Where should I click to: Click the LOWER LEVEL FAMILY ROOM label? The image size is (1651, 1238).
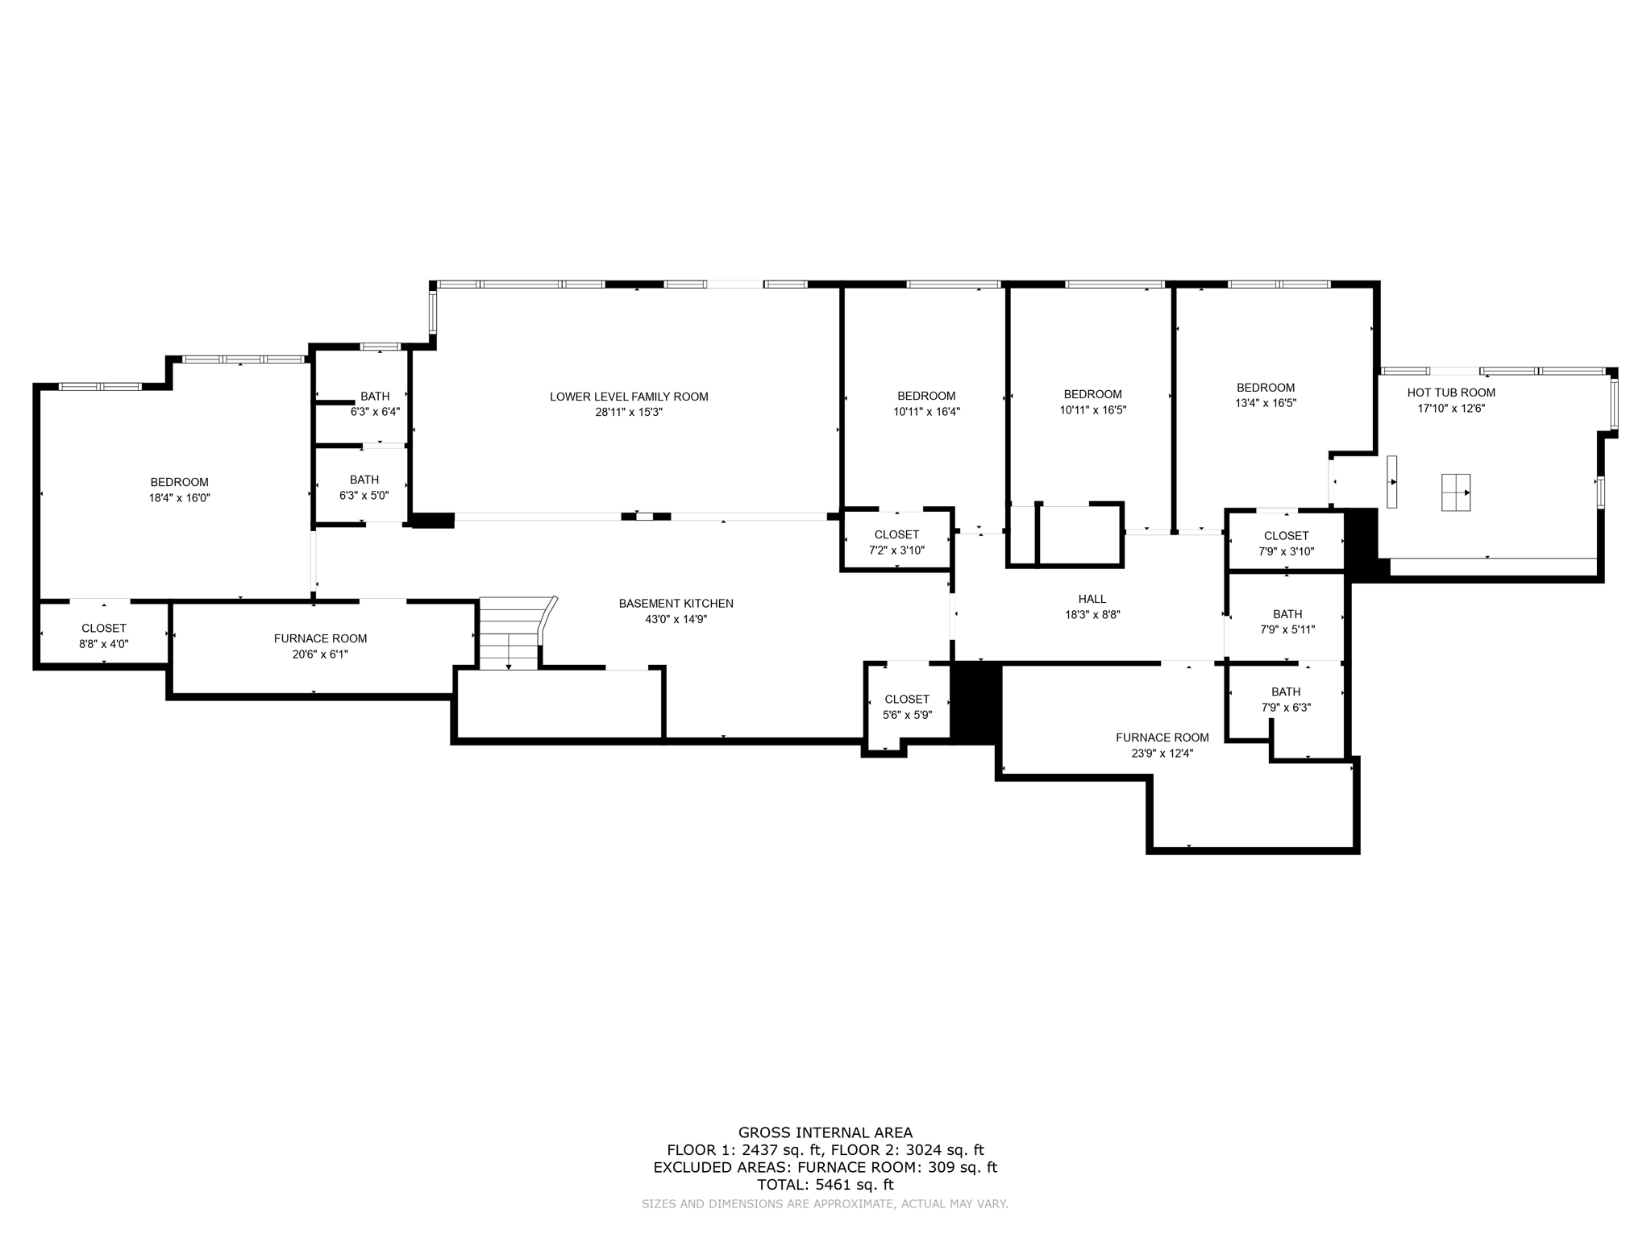coord(629,397)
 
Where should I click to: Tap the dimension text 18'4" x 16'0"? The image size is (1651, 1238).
coord(179,498)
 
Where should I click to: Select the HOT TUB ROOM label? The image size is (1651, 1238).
coord(1451,393)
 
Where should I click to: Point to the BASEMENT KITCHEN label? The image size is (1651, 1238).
coord(676,604)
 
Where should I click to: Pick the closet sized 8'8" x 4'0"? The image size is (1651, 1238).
coord(104,636)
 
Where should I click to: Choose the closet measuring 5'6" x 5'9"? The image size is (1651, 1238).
coord(907,707)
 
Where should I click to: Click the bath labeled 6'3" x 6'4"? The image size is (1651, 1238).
coord(375,404)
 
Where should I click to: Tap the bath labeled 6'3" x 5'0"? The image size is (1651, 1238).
coord(364,488)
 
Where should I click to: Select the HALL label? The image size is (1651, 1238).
coord(1092,599)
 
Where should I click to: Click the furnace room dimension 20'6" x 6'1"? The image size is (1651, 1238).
coord(320,654)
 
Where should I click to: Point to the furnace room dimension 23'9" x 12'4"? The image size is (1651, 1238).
coord(1162,754)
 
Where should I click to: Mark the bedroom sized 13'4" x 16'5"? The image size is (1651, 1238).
coord(1266,395)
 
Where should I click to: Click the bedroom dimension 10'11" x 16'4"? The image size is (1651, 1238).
coord(926,411)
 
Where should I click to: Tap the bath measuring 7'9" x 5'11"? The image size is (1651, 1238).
coord(1287,621)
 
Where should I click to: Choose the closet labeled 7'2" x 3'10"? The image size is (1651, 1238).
coord(896,542)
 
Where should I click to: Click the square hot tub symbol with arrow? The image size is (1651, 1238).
coord(1456,492)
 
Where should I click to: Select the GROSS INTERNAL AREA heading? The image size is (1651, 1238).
coord(825,1132)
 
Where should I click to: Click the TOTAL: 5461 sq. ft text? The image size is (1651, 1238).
coord(825,1185)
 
